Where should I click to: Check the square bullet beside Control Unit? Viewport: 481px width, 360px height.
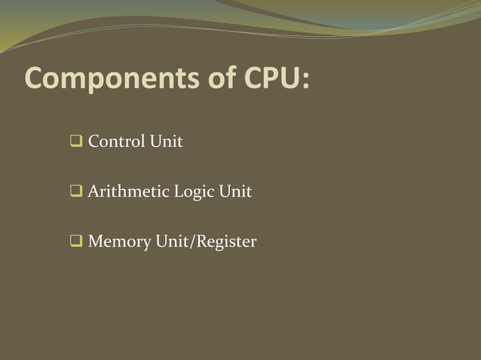click(76, 142)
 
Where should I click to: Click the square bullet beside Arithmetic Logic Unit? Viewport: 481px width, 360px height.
click(76, 192)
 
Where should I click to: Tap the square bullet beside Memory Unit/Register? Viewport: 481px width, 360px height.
click(76, 243)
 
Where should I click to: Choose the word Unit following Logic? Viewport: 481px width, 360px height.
click(235, 192)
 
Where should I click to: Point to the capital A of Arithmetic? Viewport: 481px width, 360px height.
click(93, 192)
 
